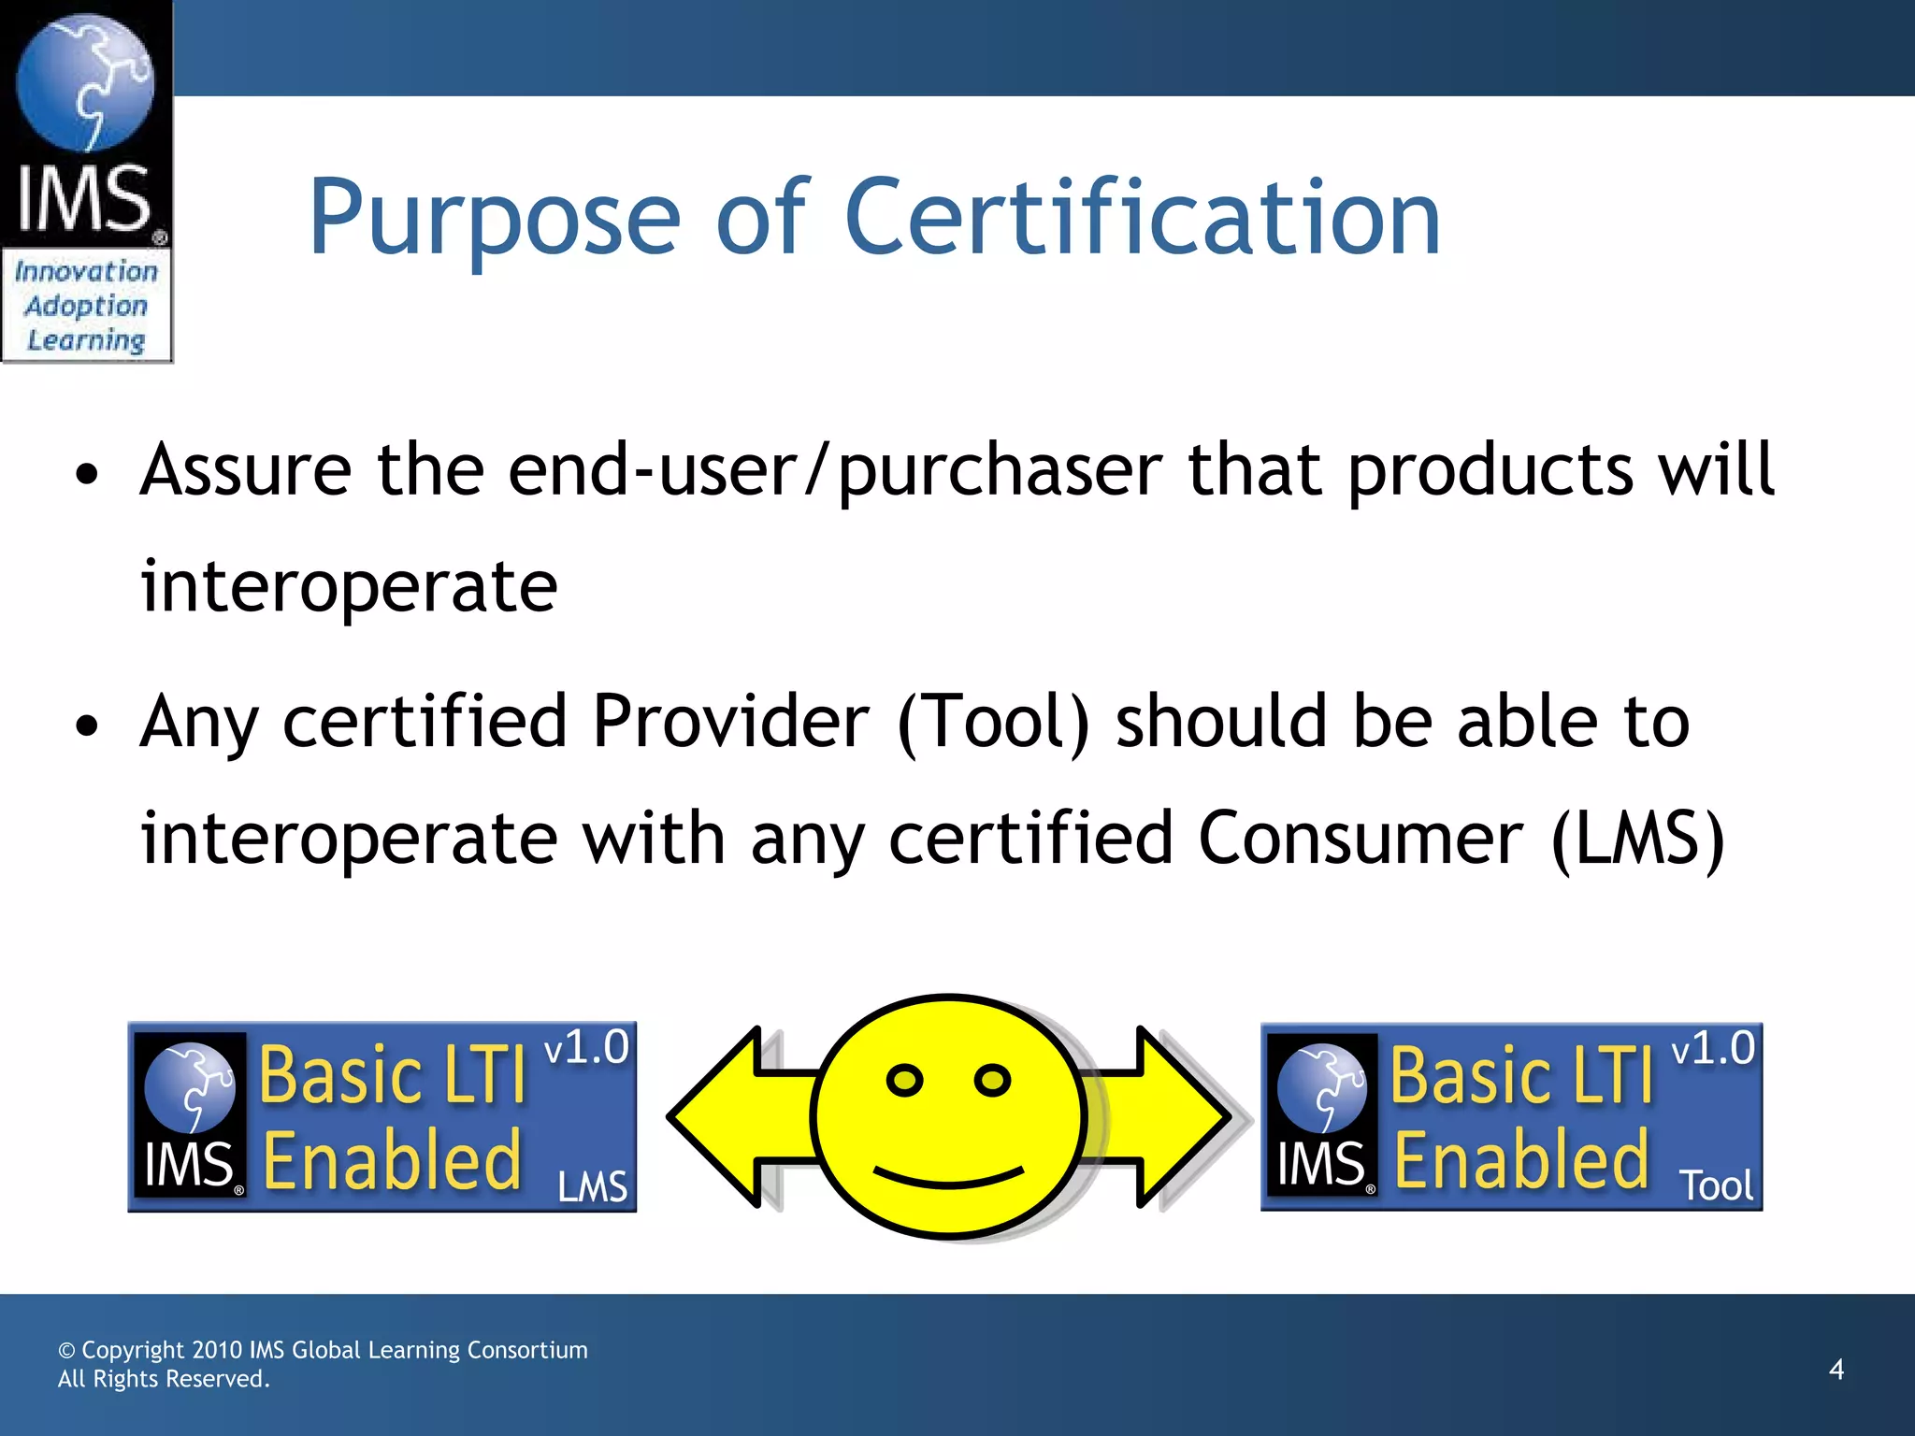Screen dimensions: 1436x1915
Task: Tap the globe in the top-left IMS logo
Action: point(85,84)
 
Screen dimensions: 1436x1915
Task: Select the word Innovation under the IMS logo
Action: point(86,272)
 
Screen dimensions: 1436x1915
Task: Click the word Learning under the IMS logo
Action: point(86,341)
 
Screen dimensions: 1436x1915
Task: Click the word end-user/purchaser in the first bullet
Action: point(835,470)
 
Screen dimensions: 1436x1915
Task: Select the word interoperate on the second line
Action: point(349,587)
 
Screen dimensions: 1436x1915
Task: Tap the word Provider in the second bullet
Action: point(730,722)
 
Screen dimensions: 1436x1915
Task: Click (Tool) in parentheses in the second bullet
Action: point(993,723)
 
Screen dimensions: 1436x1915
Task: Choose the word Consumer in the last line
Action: point(1361,839)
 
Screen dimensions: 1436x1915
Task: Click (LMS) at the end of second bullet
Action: point(1637,839)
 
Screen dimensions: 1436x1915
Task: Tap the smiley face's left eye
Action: point(904,1081)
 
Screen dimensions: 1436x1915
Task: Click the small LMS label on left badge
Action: point(592,1187)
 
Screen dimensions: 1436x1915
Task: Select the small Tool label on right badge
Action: point(1716,1186)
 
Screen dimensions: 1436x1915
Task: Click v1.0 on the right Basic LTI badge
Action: point(1713,1049)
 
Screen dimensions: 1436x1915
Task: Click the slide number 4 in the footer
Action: point(1836,1370)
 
